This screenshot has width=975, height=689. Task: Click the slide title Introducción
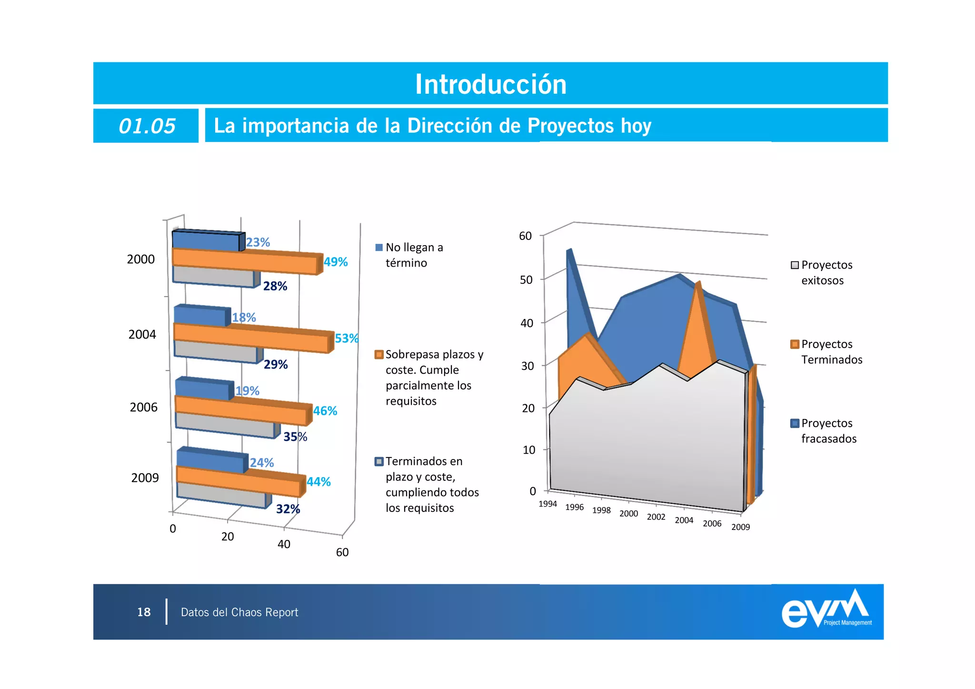point(490,84)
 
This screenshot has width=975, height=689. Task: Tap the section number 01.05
point(147,126)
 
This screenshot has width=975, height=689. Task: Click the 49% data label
point(336,262)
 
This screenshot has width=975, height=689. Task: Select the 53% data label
point(346,338)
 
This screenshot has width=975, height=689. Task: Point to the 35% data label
point(295,437)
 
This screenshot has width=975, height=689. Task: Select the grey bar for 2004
point(215,352)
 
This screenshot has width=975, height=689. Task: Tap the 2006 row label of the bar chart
point(143,407)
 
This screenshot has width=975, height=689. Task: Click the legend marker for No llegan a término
point(379,247)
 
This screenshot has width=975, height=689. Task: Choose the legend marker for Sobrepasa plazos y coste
point(379,354)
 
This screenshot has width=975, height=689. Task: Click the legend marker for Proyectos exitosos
point(795,265)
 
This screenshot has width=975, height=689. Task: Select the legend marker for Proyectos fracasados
point(795,423)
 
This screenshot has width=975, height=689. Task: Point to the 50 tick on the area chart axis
point(526,280)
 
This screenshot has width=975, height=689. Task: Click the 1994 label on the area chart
point(547,504)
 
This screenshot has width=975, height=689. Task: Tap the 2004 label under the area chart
point(684,520)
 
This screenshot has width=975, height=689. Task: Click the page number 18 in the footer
point(144,612)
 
